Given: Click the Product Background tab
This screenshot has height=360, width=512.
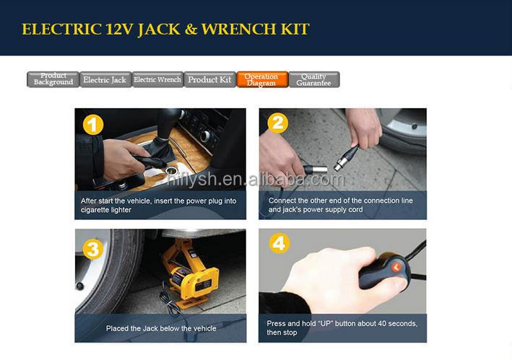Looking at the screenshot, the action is (x=53, y=79).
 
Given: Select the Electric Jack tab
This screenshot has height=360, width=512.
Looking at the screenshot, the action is (x=105, y=79).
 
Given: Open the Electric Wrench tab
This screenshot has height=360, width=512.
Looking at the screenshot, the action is (x=157, y=79).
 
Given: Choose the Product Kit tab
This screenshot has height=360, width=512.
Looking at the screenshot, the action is (x=210, y=79).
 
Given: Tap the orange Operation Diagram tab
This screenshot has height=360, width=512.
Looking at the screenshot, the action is (x=262, y=79).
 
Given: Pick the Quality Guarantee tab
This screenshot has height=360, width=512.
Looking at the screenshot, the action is (x=314, y=79).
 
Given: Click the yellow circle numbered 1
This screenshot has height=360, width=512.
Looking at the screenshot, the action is (x=93, y=125).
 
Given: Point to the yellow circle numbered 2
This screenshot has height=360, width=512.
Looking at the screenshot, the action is (x=278, y=123).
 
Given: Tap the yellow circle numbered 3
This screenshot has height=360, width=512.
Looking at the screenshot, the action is (x=93, y=250).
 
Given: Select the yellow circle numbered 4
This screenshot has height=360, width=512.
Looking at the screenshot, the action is (x=279, y=243).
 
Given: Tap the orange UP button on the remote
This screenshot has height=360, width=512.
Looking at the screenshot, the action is (x=396, y=268).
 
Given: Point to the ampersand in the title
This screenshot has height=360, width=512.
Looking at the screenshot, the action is (x=191, y=29).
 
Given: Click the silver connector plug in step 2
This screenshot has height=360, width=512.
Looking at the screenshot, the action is (x=315, y=170).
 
